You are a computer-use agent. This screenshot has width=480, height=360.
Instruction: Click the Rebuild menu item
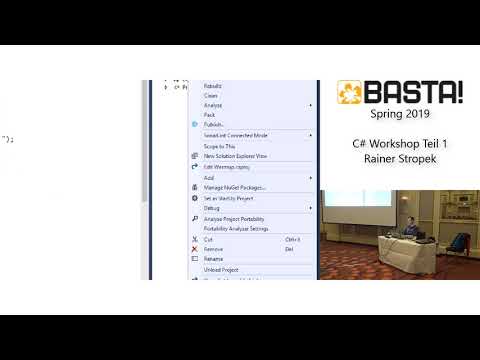point(213,86)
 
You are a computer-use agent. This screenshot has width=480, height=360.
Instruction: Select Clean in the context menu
point(210,95)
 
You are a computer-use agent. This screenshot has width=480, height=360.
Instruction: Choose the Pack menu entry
point(209,114)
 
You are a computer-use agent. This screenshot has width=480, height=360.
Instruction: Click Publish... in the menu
point(214,124)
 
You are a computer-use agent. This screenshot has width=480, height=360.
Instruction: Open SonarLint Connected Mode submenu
point(236,135)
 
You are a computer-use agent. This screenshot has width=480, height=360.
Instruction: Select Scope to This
point(219,146)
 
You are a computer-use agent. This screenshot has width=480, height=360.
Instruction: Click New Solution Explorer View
point(235,156)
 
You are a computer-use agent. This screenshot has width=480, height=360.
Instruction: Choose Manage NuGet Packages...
point(234,187)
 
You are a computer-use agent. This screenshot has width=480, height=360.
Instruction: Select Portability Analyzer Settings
point(236,229)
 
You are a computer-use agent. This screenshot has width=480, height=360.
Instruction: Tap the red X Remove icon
point(194,249)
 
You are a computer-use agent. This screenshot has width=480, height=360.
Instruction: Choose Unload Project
point(221,270)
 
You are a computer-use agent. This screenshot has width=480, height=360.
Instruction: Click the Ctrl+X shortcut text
point(293,240)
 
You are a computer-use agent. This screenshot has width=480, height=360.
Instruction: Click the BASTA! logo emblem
point(351,94)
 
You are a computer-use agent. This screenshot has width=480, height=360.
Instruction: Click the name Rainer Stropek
point(400,160)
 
